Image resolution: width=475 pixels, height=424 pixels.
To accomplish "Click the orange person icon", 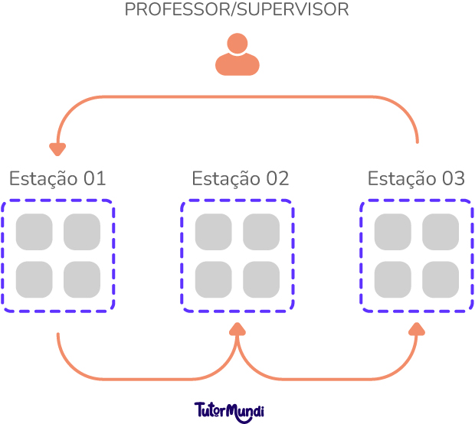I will tap(237, 55).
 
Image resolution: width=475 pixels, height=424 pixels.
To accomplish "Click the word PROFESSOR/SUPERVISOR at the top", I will tap(237, 11).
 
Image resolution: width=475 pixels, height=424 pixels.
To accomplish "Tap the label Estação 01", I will tap(57, 178).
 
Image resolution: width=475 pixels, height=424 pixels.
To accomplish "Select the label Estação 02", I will tap(240, 178).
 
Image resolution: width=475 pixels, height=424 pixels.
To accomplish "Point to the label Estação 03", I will tap(416, 178).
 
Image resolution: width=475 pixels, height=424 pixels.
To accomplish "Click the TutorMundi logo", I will tap(229, 409).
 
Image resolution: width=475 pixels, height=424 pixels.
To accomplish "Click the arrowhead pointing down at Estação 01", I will tap(57, 148).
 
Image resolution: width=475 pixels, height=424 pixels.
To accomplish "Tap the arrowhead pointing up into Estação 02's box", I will tap(237, 329).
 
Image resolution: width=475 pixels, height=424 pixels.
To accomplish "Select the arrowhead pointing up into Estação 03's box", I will tap(417, 329).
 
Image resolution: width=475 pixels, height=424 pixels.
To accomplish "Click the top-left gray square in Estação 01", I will tap(34, 232).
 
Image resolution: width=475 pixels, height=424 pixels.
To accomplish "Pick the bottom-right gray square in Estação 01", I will tap(81, 279).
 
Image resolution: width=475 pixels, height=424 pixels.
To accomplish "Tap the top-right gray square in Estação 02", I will tap(261, 232).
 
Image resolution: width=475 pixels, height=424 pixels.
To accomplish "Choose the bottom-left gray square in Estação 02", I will tap(214, 279).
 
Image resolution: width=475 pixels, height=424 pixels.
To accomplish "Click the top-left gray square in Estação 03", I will tap(393, 232).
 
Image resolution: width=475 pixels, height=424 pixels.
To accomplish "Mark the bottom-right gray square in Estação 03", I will tap(441, 279).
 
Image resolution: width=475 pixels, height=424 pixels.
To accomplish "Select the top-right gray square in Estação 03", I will tap(441, 232).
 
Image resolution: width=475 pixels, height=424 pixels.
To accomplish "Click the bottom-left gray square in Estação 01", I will tap(34, 279).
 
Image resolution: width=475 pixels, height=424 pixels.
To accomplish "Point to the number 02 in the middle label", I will tap(277, 178).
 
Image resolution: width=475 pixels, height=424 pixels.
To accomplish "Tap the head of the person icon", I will tap(237, 43).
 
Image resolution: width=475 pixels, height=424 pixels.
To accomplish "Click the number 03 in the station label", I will tap(453, 178).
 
